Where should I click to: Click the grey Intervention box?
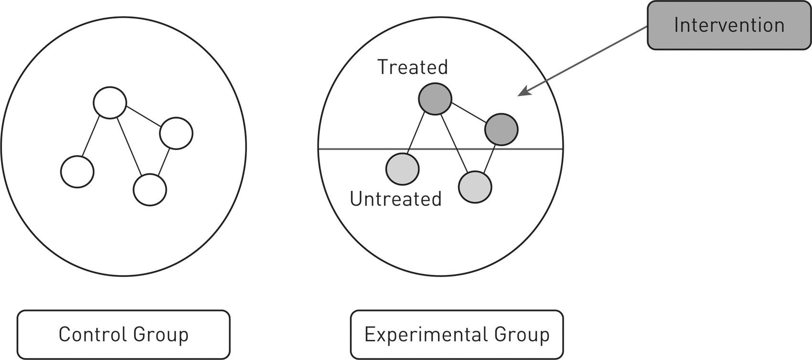tap(729, 25)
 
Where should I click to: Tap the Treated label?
tap(413, 67)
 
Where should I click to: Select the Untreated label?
tap(395, 199)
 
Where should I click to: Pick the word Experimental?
tap(426, 334)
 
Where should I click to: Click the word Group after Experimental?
tap(522, 335)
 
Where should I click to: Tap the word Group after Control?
tap(161, 335)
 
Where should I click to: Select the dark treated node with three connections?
tap(435, 99)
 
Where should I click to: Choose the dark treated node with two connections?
tap(501, 129)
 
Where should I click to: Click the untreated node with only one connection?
tap(402, 169)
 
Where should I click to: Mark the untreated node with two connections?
tap(475, 187)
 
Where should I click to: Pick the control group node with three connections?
tap(110, 102)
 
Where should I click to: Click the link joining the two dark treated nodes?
tap(468, 114)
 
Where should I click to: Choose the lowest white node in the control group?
tap(150, 190)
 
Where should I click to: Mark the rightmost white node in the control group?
tap(176, 133)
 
